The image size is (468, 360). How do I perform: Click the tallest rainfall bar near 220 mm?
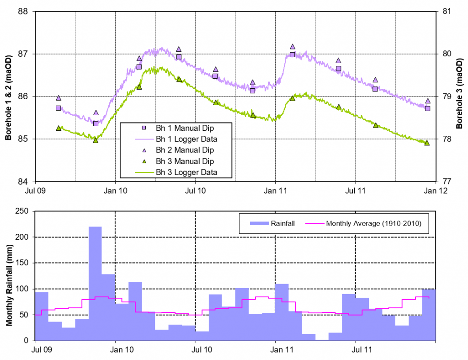[x=95, y=284]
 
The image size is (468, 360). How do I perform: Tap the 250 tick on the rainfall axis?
[x=22, y=211]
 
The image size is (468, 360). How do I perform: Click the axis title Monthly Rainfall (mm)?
[x=8, y=276]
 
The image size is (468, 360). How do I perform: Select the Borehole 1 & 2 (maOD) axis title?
[x=8, y=96]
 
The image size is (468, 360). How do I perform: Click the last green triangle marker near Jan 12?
[x=427, y=143]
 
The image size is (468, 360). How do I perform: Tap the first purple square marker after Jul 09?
[x=58, y=108]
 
